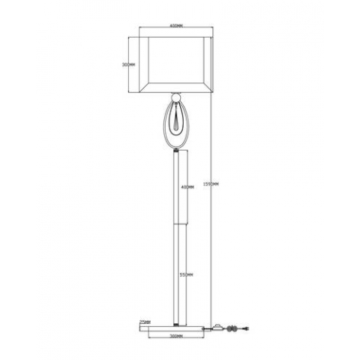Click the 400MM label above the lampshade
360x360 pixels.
(x=176, y=27)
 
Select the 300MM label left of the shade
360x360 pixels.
(x=128, y=64)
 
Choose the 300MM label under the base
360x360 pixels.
(x=177, y=337)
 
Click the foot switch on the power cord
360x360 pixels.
(x=220, y=326)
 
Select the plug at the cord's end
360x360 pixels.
(x=241, y=327)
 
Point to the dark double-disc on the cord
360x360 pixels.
(x=232, y=327)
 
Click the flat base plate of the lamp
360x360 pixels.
(x=177, y=327)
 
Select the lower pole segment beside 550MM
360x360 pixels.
(x=177, y=274)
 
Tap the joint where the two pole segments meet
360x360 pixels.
(x=177, y=223)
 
